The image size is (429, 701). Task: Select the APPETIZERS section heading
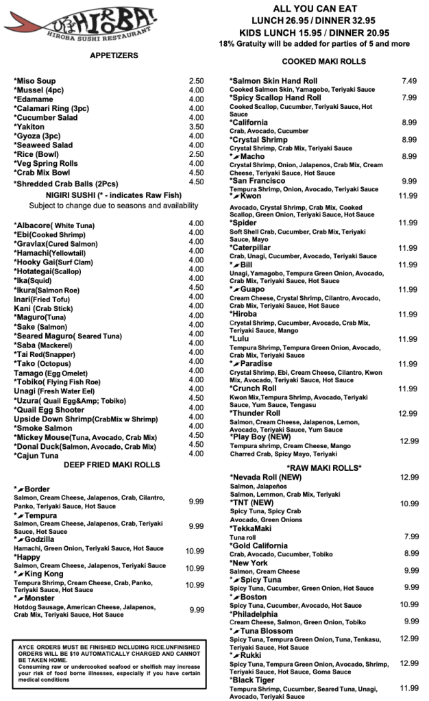(x=114, y=56)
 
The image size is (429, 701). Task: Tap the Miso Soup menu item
(x=35, y=81)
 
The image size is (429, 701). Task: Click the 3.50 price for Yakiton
(x=196, y=127)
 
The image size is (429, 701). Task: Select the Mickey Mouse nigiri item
(x=85, y=436)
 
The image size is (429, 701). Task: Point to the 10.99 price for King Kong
(x=195, y=585)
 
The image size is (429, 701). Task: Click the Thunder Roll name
(x=255, y=413)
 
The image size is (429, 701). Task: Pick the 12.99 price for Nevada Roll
(x=409, y=477)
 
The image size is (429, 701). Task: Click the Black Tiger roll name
(x=256, y=680)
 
